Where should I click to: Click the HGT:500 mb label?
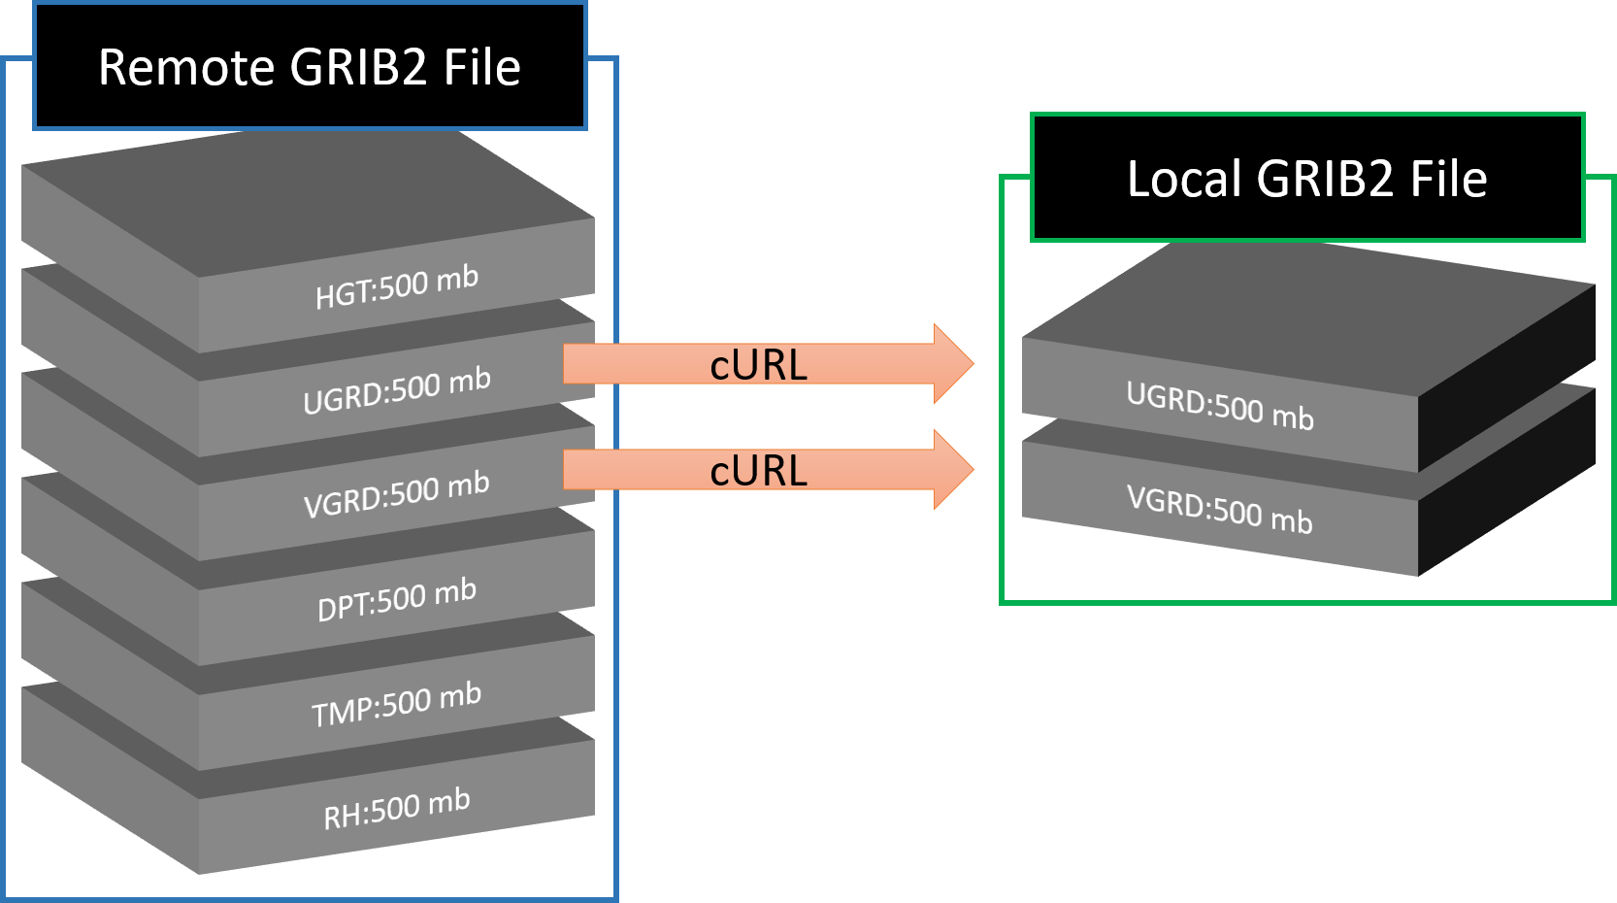[x=397, y=286]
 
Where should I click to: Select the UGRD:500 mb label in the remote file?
[x=397, y=390]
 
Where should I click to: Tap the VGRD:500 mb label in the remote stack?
[x=397, y=495]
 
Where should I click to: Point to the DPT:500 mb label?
[x=397, y=600]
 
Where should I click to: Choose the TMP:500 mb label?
[x=397, y=705]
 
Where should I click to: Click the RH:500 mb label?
[x=397, y=810]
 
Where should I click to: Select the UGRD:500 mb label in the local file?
[x=1220, y=406]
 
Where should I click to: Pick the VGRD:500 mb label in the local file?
[x=1220, y=511]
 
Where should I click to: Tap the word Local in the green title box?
[x=1184, y=180]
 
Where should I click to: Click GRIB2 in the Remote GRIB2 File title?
[x=358, y=68]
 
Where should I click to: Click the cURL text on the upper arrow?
[x=758, y=365]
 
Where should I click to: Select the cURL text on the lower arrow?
[x=758, y=471]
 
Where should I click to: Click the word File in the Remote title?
[x=482, y=68]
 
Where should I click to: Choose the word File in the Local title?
[x=1448, y=180]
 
